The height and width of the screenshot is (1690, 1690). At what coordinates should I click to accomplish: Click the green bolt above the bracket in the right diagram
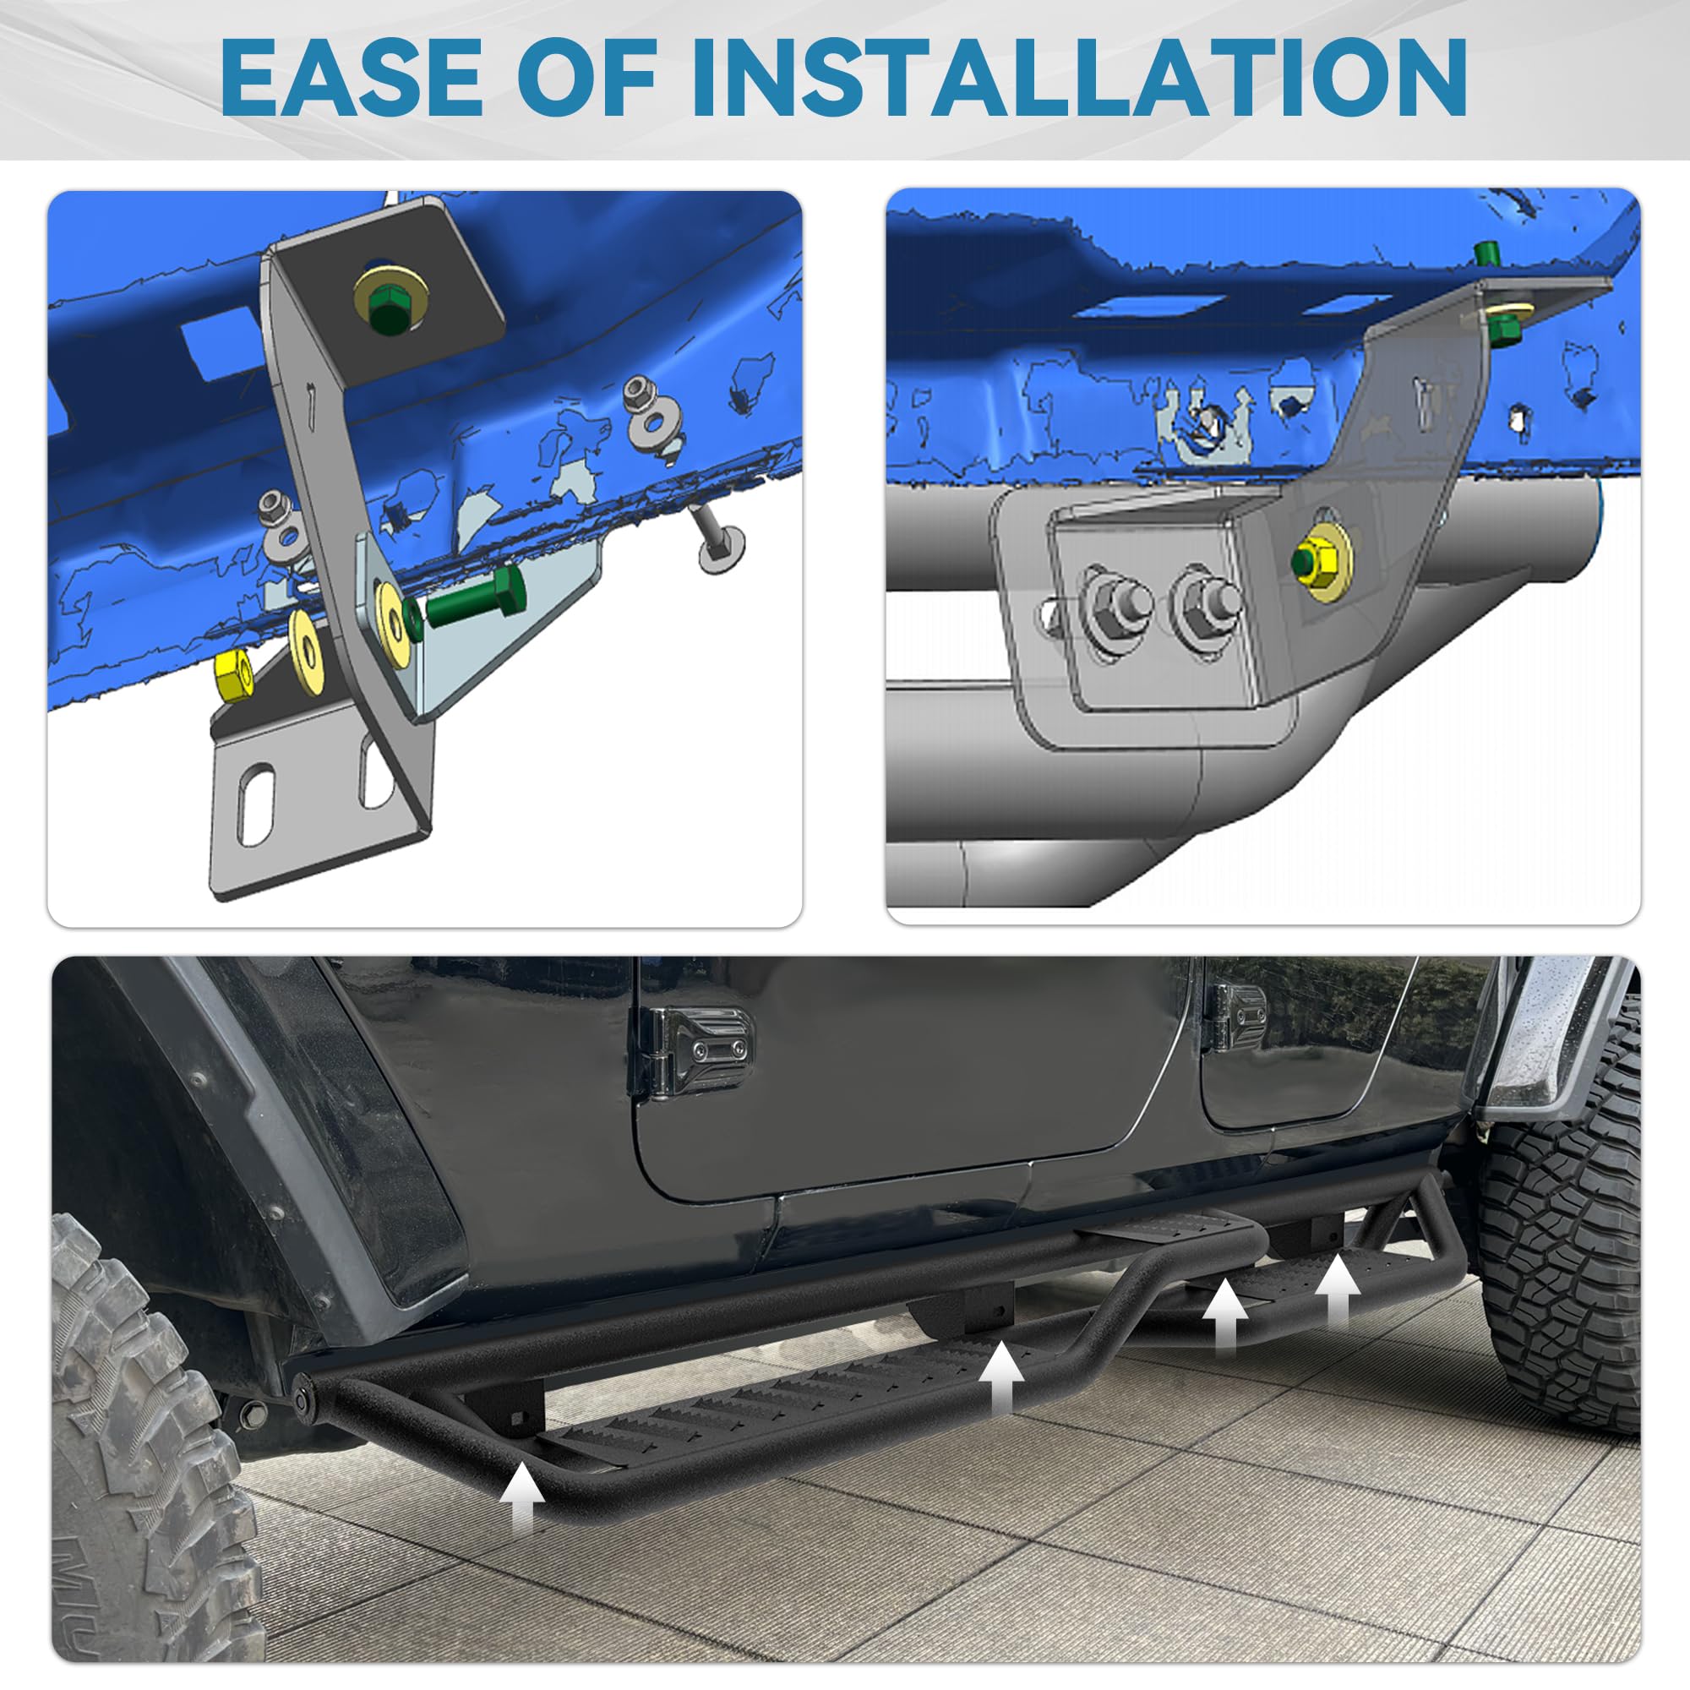[1486, 254]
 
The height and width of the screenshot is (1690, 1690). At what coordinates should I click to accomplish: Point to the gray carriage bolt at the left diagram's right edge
[717, 539]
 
